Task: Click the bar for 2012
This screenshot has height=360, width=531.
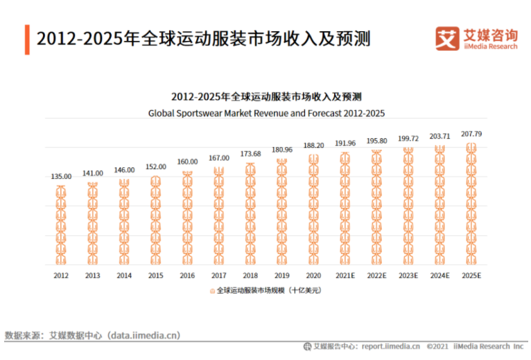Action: [x=61, y=225]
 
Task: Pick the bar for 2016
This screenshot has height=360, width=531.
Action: [x=187, y=218]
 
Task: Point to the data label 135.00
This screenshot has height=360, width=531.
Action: [x=61, y=177]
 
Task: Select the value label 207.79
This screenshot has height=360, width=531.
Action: [x=471, y=134]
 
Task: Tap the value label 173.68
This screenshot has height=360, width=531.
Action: [x=250, y=153]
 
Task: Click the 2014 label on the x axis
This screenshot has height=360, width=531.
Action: [x=124, y=275]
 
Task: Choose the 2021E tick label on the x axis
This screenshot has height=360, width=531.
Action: [x=345, y=275]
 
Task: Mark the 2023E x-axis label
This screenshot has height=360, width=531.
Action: [x=408, y=275]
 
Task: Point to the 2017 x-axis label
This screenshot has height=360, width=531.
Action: [x=219, y=275]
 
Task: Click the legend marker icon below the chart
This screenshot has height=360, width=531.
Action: [x=213, y=291]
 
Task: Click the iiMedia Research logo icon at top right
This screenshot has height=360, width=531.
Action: [x=446, y=37]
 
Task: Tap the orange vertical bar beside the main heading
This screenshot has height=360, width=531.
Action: [x=27, y=39]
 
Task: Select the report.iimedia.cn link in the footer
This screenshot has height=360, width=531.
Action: [x=390, y=346]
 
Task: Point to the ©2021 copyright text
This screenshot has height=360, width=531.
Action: [x=437, y=346]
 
